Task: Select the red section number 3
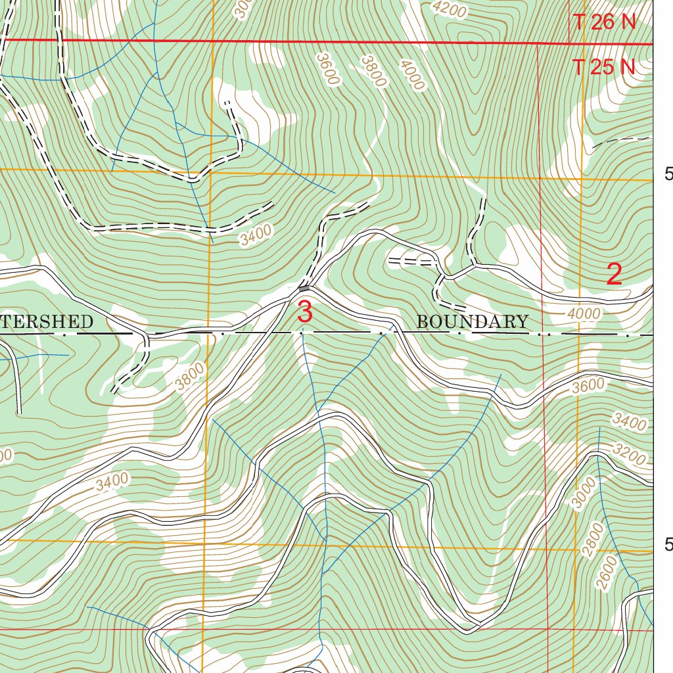click(304, 312)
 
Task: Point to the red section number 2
click(614, 274)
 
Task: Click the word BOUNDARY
click(473, 322)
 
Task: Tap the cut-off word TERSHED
click(46, 322)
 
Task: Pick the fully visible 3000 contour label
click(583, 493)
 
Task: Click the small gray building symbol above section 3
click(304, 288)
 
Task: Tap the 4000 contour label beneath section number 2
click(584, 314)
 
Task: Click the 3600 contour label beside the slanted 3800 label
click(327, 69)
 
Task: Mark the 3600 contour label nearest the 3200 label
click(588, 386)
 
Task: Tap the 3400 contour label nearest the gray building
click(256, 235)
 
